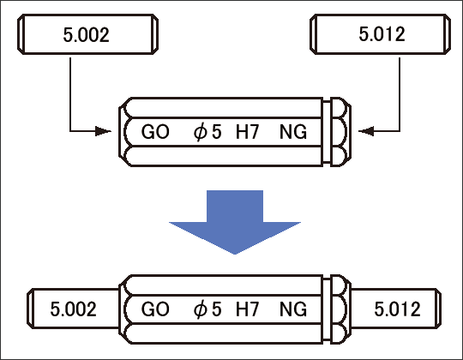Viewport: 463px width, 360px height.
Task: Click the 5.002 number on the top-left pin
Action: pyautogui.click(x=87, y=34)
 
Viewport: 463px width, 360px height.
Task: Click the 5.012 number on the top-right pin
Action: pyautogui.click(x=382, y=34)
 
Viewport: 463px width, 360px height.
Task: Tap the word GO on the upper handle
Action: pyautogui.click(x=155, y=132)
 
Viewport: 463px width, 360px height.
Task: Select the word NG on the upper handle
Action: pyautogui.click(x=293, y=132)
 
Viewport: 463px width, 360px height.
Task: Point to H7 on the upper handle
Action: pyautogui.click(x=248, y=132)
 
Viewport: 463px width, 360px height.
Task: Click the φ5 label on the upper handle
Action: pyautogui.click(x=207, y=132)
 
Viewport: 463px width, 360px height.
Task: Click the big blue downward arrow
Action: pyautogui.click(x=235, y=222)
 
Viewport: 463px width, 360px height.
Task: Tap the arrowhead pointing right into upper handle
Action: pyautogui.click(x=103, y=131)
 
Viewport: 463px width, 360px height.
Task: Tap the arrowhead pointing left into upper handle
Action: pyautogui.click(x=366, y=131)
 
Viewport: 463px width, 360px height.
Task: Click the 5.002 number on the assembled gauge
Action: pyautogui.click(x=73, y=309)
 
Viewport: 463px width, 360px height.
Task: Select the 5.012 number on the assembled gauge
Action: pyautogui.click(x=398, y=309)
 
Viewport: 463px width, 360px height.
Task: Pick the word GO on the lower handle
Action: pyautogui.click(x=155, y=309)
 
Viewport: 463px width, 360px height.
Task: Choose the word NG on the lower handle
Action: pyautogui.click(x=293, y=309)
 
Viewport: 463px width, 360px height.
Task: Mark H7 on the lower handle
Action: pyautogui.click(x=248, y=309)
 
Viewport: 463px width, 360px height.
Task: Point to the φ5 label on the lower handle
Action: pyautogui.click(x=207, y=309)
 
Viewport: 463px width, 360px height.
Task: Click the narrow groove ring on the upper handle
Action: pyautogui.click(x=327, y=132)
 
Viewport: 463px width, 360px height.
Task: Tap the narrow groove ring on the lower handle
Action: pyautogui.click(x=327, y=309)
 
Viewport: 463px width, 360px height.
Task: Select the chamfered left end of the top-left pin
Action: pyautogui.click(x=21, y=34)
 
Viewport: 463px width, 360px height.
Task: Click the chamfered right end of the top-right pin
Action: pyautogui.click(x=448, y=34)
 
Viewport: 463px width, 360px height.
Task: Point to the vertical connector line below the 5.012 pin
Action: pyautogui.click(x=400, y=94)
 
